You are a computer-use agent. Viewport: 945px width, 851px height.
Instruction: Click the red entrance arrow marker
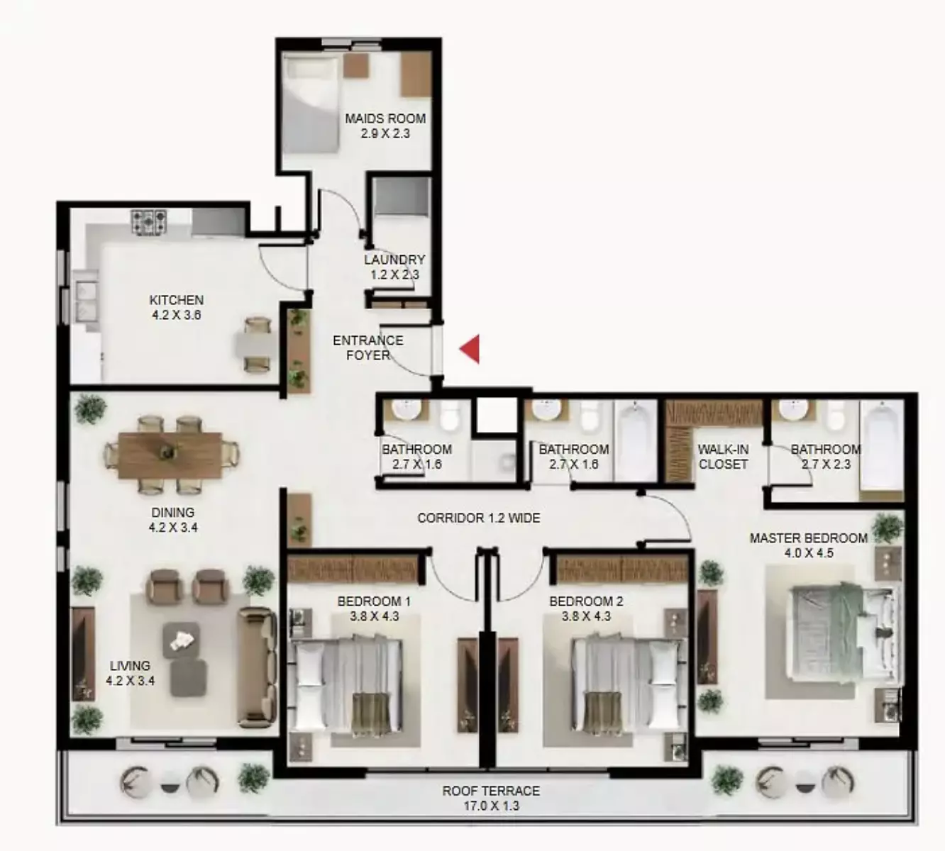pos(470,349)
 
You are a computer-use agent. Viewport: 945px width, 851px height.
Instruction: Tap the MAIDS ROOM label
pos(385,118)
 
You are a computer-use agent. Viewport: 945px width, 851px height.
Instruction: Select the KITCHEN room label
pos(176,300)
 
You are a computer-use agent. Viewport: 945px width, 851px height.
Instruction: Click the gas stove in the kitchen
pos(149,221)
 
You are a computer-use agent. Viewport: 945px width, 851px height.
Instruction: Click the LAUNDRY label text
pos(394,260)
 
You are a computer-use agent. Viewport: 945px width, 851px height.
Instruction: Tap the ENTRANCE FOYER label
pos(367,347)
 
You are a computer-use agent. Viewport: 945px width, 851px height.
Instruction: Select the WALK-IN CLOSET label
pos(723,457)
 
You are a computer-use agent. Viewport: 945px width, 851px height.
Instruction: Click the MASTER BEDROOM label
pos(808,538)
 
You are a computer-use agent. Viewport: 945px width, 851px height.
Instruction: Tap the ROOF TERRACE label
pos(491,791)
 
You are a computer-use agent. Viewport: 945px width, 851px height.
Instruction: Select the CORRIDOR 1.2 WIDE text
pos(478,518)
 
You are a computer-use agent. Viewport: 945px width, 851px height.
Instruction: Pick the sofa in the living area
pos(256,667)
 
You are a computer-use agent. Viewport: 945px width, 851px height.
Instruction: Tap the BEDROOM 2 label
pos(586,601)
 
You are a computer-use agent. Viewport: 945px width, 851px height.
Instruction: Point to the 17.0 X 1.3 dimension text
pos(491,806)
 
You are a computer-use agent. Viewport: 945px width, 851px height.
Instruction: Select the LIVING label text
pos(130,666)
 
